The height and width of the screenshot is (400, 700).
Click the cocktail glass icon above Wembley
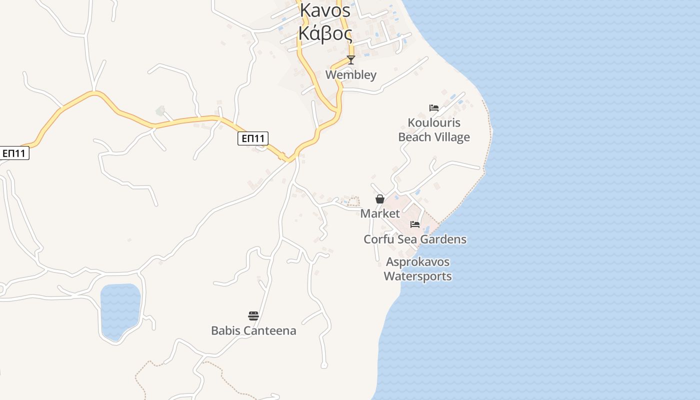(x=351, y=60)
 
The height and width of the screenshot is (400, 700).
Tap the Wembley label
(x=351, y=75)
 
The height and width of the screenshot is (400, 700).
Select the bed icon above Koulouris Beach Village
(x=433, y=107)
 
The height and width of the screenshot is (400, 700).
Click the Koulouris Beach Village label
(x=434, y=130)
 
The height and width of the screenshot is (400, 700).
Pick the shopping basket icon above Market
(x=380, y=199)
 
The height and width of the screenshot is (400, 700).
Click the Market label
(x=380, y=213)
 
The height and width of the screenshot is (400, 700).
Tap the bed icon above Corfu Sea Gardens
(x=415, y=224)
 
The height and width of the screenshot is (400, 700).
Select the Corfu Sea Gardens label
(x=415, y=239)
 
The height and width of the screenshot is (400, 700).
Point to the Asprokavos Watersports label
(x=417, y=269)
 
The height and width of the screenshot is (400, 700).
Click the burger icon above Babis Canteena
(x=253, y=316)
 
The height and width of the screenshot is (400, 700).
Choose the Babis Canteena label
(x=253, y=330)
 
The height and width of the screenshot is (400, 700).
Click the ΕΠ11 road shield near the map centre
(x=253, y=138)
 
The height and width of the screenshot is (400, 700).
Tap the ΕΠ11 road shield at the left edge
(x=14, y=153)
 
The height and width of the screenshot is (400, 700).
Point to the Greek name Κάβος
(x=325, y=33)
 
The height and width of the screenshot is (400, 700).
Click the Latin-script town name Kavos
(x=325, y=10)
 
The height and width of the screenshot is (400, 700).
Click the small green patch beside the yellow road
(x=160, y=110)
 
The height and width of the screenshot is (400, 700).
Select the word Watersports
(x=417, y=276)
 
